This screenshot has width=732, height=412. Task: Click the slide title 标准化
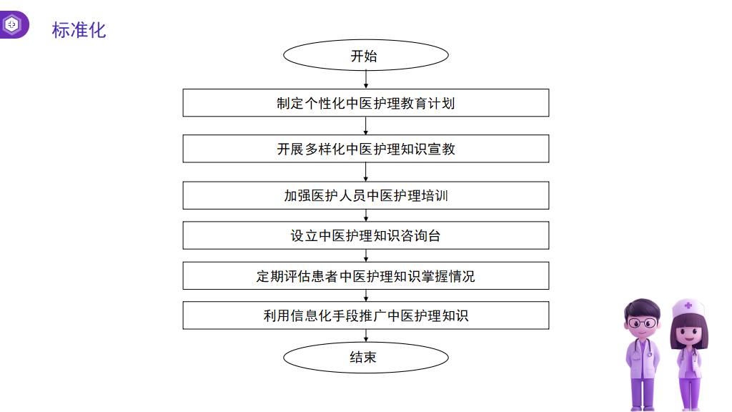click(x=79, y=30)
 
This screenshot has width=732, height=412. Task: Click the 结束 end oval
click(x=365, y=358)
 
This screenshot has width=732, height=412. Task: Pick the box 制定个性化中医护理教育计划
click(x=365, y=103)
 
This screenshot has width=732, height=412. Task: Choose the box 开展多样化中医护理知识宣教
click(x=365, y=149)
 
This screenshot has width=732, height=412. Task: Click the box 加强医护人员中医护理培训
click(x=365, y=195)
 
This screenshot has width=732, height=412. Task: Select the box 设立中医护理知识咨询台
click(x=365, y=235)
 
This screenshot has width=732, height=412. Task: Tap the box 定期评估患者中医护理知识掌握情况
click(x=365, y=275)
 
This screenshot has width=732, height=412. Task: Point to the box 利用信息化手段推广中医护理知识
click(x=365, y=315)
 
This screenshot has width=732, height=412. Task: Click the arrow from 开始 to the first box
click(x=366, y=80)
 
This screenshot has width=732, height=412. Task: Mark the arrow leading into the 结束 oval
click(x=366, y=336)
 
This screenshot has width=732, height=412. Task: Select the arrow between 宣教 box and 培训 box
click(x=366, y=172)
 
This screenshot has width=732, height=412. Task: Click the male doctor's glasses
click(x=642, y=323)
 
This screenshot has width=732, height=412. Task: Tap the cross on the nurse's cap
click(x=688, y=306)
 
